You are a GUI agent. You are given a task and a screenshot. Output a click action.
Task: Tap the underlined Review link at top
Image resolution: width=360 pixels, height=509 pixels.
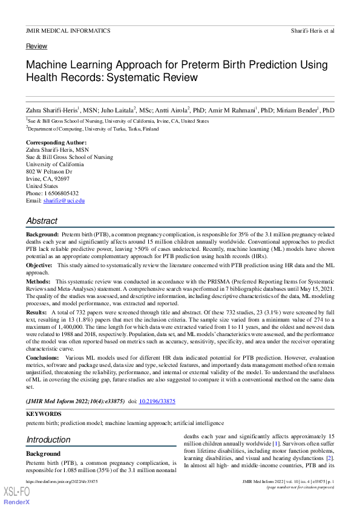tap(36, 47)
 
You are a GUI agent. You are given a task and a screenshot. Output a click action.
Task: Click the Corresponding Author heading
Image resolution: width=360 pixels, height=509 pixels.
tap(52, 143)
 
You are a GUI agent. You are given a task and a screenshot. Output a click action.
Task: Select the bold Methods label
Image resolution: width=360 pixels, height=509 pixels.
tap(38, 282)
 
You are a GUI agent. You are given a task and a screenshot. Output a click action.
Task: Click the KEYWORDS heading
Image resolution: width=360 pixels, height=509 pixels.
tap(44, 414)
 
